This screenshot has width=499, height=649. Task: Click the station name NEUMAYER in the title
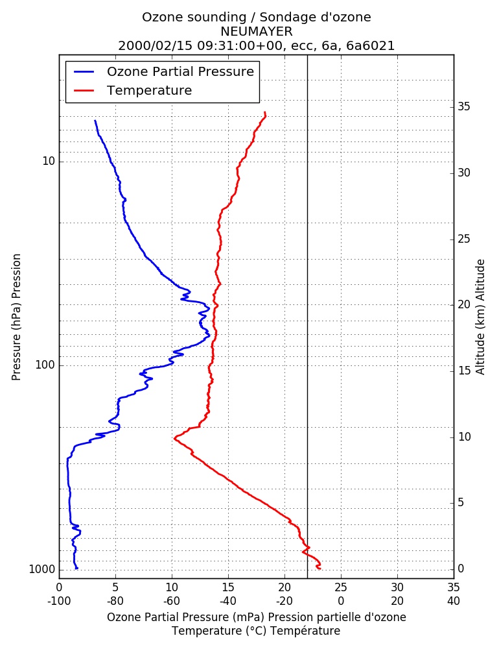(257, 31)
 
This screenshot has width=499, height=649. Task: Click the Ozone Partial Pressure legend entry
(180, 71)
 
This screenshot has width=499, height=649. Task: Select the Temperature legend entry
(149, 90)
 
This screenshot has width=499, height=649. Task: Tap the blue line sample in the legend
(84, 71)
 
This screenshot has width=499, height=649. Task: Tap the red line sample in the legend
(84, 90)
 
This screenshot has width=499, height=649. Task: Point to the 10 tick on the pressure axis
(49, 161)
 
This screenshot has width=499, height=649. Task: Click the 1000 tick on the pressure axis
(41, 570)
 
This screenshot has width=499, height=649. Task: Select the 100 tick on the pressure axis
(45, 365)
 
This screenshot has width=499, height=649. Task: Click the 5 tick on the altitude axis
(461, 502)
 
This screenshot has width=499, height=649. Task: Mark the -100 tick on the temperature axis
(59, 601)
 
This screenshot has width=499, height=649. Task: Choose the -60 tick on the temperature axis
(172, 601)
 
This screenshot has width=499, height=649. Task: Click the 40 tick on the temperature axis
(454, 601)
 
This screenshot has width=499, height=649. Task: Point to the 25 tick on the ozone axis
(341, 587)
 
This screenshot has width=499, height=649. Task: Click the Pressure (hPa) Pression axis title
(16, 317)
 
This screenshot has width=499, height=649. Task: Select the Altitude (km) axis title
(480, 317)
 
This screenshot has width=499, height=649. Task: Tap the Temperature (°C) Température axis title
(257, 631)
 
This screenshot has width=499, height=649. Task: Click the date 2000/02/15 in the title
(156, 45)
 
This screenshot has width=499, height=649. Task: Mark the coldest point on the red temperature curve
(175, 437)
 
